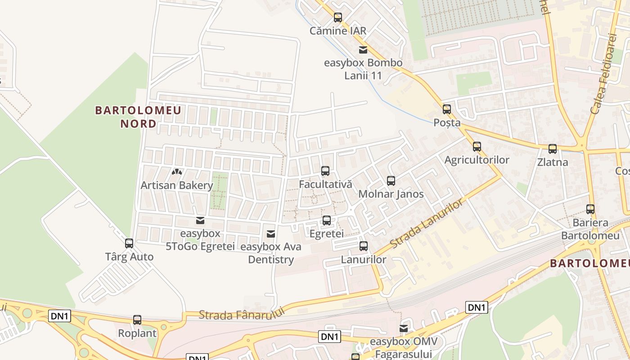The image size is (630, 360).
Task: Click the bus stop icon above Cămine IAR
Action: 338,18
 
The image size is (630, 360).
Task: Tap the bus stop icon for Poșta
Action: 447,109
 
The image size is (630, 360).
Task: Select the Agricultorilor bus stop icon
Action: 477,147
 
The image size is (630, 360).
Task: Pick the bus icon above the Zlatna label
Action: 553,149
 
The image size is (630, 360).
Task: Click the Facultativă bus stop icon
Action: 325,171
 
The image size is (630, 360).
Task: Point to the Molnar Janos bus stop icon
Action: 391,181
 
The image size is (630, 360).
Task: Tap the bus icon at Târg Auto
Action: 129,243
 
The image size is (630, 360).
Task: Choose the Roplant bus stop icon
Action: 137,320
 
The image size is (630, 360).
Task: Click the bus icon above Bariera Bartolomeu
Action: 590,209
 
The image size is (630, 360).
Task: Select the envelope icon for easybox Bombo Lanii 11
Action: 363,49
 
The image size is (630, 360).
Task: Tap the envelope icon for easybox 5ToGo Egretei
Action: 200,220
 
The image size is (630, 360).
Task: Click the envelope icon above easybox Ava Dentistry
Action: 271,234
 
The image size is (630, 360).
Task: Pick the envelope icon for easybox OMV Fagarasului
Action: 404,328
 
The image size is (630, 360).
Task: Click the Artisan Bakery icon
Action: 176,172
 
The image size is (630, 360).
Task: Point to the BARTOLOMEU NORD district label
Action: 138,117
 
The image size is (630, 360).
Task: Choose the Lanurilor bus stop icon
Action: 364,246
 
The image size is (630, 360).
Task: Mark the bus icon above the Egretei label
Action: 327,220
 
